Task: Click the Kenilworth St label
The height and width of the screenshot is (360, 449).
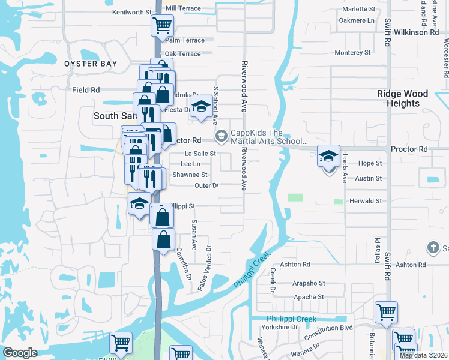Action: tap(132, 12)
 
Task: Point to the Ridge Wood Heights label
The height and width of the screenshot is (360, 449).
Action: tap(402, 98)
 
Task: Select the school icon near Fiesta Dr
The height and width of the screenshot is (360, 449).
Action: tap(200, 107)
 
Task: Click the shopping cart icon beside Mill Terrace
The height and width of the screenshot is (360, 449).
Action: tap(161, 26)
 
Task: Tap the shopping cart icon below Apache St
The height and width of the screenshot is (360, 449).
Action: tap(386, 311)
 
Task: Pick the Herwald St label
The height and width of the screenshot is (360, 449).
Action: tap(366, 202)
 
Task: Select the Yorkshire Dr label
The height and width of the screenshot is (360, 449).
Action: tap(279, 327)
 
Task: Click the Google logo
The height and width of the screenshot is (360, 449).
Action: tap(20, 353)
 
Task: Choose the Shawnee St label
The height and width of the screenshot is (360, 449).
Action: tap(190, 175)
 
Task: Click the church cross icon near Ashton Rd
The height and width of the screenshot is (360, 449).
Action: tap(433, 247)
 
